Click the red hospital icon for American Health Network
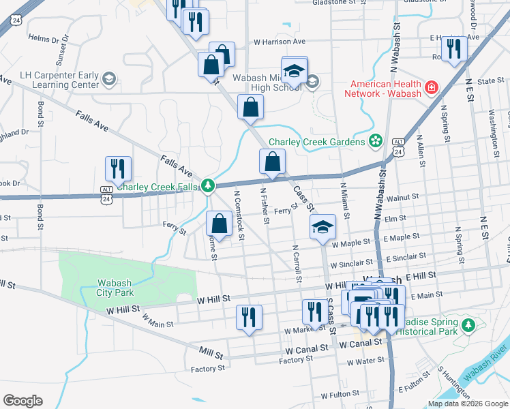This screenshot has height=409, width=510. (x=431, y=88)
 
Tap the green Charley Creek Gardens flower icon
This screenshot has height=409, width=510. (x=374, y=142)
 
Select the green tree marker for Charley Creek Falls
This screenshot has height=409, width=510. (x=208, y=185)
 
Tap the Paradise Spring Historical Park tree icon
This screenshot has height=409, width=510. (x=468, y=326)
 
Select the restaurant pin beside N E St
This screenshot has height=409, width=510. (x=453, y=49)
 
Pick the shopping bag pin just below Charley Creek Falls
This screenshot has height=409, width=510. (x=219, y=224)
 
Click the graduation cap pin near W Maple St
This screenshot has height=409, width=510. (x=322, y=227)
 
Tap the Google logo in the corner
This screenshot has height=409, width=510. (x=22, y=401)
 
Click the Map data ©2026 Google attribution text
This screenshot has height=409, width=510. (x=467, y=404)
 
